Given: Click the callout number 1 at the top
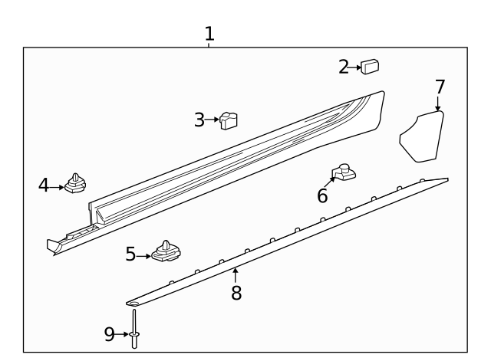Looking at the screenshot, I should point(209,34).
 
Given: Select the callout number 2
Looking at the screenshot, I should point(344,67).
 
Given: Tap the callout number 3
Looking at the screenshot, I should point(199,120).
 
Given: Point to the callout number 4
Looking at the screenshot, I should point(44,185).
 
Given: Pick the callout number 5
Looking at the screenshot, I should point(131,254).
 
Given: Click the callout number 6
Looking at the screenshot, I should point(322,196).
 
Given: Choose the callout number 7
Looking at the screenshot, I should point(440,87).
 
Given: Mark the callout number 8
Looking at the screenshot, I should point(236,292).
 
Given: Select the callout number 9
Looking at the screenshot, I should point(109,333).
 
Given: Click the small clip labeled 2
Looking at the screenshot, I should point(372,67).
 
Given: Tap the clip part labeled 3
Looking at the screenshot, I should point(228,120).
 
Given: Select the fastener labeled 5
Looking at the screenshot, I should point(166,251).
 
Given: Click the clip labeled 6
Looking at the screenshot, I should point(344,173).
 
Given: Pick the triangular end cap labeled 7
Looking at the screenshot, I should point(423,136).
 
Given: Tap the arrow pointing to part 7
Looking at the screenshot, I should point(438,105).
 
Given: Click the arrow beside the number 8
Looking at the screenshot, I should point(236,274).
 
